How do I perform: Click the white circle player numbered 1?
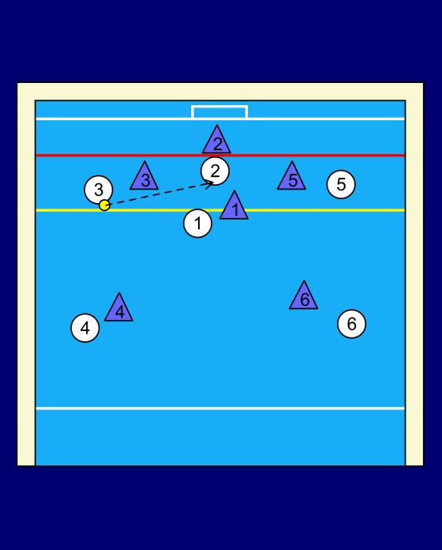[x=197, y=223]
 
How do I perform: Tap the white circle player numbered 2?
[x=215, y=171]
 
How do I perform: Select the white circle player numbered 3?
[x=99, y=190]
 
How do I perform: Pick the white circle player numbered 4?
[x=85, y=328]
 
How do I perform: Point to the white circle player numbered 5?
[x=341, y=184]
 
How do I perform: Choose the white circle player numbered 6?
[x=352, y=324]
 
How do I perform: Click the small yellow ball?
[x=104, y=205]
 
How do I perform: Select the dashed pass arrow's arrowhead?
[x=211, y=183]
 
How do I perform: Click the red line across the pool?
[x=220, y=155]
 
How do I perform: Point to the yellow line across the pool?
[x=220, y=210]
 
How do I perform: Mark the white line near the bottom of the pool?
[x=220, y=409]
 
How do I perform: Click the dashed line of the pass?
[x=159, y=194]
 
